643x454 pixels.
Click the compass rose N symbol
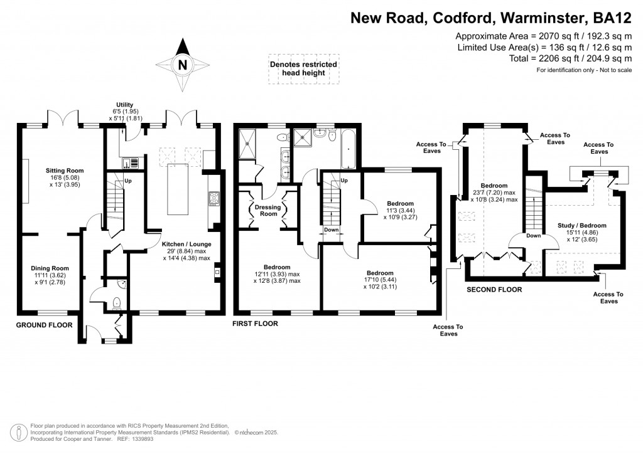coord(182,65)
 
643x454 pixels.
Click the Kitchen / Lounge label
coord(186,243)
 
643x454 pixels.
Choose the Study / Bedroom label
coord(581,225)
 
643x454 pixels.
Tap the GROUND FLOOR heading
coord(43,325)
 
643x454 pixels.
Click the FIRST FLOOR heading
coord(255,324)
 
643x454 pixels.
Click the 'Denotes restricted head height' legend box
coord(303,69)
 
